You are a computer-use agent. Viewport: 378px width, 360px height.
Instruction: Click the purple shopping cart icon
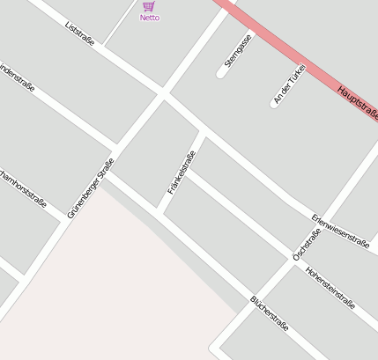tap(148, 6)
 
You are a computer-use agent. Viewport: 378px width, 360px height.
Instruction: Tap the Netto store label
tap(150, 18)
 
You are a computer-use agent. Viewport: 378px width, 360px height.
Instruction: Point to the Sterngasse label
tap(238, 50)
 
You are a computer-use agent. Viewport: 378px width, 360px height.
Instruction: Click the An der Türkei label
tap(289, 84)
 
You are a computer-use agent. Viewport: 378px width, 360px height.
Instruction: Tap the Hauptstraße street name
tap(358, 101)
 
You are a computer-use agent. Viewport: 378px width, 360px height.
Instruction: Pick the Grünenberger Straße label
tap(91, 187)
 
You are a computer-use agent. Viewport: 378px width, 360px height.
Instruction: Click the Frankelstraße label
tap(182, 173)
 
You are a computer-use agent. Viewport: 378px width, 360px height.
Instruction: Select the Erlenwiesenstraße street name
tap(340, 231)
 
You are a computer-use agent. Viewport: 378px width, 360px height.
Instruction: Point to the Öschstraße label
tap(307, 244)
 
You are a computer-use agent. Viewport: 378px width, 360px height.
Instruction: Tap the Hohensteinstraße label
tap(330, 288)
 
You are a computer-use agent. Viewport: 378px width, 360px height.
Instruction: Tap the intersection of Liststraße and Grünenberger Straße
tap(161, 92)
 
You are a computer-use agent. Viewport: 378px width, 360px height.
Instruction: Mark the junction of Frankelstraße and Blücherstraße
tap(159, 209)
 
